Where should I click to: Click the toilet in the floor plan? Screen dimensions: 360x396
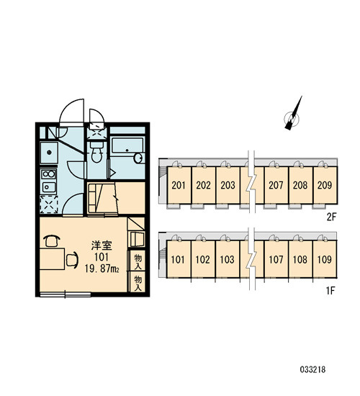(x=96, y=153)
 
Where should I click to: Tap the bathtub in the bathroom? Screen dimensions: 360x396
(x=127, y=145)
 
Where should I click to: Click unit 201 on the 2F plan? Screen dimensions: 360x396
(x=179, y=185)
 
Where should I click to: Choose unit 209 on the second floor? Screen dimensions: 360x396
(x=325, y=185)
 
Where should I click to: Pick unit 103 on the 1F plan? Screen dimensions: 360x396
(x=228, y=259)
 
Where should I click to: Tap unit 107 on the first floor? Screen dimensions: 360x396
(x=276, y=259)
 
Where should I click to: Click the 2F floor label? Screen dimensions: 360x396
(x=332, y=217)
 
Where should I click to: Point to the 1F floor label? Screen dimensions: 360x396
(x=330, y=291)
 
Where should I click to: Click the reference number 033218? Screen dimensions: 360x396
(x=312, y=370)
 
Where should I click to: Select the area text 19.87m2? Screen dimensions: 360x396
(x=102, y=269)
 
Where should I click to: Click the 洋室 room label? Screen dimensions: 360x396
(x=102, y=246)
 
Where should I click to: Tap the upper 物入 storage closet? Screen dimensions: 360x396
(x=138, y=261)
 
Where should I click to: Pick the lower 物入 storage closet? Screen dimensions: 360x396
(x=138, y=282)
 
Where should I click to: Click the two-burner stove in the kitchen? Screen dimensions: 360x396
(x=48, y=174)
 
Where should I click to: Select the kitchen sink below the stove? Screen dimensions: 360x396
(x=48, y=187)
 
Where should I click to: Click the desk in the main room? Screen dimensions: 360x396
(x=52, y=258)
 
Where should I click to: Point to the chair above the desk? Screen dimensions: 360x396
(x=52, y=240)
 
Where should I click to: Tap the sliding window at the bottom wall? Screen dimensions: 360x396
(x=66, y=294)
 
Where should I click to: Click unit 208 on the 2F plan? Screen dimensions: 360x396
(x=301, y=185)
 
